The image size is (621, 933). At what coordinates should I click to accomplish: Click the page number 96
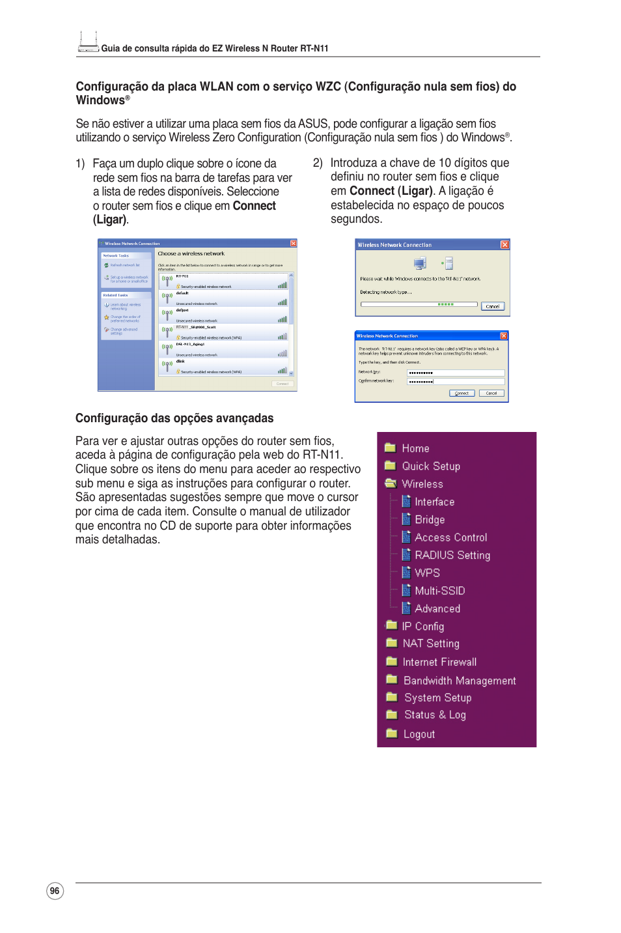55,891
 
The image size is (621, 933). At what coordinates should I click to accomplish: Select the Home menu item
415,448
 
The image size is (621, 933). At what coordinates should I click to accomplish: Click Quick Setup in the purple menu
430,466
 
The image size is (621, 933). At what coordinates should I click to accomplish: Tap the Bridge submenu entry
430,520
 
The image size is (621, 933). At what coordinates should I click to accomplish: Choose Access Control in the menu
450,538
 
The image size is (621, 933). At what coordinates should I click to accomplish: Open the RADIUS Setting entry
452,555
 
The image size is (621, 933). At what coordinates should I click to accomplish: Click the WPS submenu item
427,573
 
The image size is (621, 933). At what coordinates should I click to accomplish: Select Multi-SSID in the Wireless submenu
439,591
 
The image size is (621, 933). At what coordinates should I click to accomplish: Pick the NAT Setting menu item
430,644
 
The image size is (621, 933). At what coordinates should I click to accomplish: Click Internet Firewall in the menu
439,662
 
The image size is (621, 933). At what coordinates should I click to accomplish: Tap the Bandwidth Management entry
459,681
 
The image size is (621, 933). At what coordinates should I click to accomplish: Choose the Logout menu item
419,734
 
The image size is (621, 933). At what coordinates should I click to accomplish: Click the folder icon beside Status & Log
391,715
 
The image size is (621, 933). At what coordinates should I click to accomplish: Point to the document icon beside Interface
406,502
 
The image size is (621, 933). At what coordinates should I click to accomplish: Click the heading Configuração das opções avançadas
174,418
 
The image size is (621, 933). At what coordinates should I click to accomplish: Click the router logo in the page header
88,42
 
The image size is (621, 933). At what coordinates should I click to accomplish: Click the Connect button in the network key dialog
462,394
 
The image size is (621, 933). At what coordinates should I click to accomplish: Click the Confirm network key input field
455,382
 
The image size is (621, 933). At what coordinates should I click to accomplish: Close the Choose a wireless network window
293,244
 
